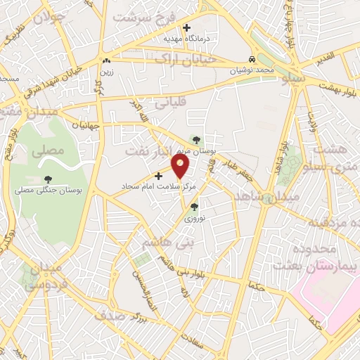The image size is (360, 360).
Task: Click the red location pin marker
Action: tap(181, 167)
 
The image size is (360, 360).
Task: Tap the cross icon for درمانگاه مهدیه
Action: tap(186, 27)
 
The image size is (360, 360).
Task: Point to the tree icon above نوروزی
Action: tap(194, 207)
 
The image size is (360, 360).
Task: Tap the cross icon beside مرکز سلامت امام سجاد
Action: tap(158, 176)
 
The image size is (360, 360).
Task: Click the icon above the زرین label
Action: tap(105, 60)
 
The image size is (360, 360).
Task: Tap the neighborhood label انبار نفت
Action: tap(153, 151)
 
